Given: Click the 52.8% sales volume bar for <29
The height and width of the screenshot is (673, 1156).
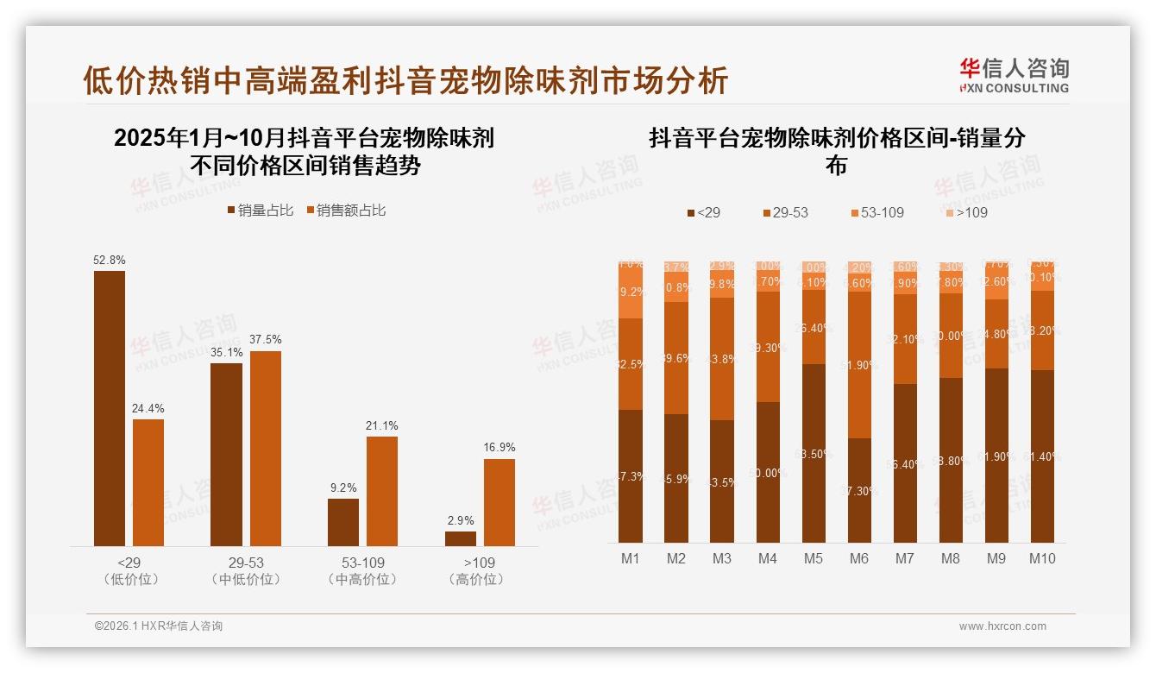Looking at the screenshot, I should [x=110, y=408].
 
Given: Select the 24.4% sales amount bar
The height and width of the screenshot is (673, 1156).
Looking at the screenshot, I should [x=148, y=482].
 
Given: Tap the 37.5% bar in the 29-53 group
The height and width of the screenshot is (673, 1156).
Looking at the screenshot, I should [x=266, y=448].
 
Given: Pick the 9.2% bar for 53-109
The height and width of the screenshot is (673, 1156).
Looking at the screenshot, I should [x=343, y=522].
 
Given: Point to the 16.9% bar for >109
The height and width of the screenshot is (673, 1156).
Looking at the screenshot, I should [x=499, y=502].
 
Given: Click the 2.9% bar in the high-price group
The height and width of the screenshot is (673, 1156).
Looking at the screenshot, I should [x=461, y=538].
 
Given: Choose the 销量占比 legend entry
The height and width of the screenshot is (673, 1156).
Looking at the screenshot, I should [x=261, y=211].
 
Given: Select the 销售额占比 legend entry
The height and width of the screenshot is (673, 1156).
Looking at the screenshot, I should [x=346, y=211].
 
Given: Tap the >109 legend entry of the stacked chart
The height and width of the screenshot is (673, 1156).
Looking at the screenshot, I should [x=965, y=212].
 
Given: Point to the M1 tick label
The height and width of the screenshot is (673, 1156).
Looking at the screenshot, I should [x=631, y=558].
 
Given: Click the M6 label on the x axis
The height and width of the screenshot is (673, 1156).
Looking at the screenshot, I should [x=859, y=558].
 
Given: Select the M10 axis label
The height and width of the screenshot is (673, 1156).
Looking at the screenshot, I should [x=1042, y=558].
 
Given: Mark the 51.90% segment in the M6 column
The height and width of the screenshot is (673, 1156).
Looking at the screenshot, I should [x=859, y=365].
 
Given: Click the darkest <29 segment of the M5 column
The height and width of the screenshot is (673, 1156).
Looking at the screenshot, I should [x=814, y=453].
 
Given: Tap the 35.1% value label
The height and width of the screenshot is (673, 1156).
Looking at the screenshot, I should [x=226, y=352].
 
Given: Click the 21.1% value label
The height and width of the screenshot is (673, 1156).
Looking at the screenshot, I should [x=382, y=425].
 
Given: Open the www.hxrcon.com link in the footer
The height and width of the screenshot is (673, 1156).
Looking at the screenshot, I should [x=1002, y=626].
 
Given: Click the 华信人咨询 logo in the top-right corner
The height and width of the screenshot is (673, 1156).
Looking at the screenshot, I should [x=1014, y=75].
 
